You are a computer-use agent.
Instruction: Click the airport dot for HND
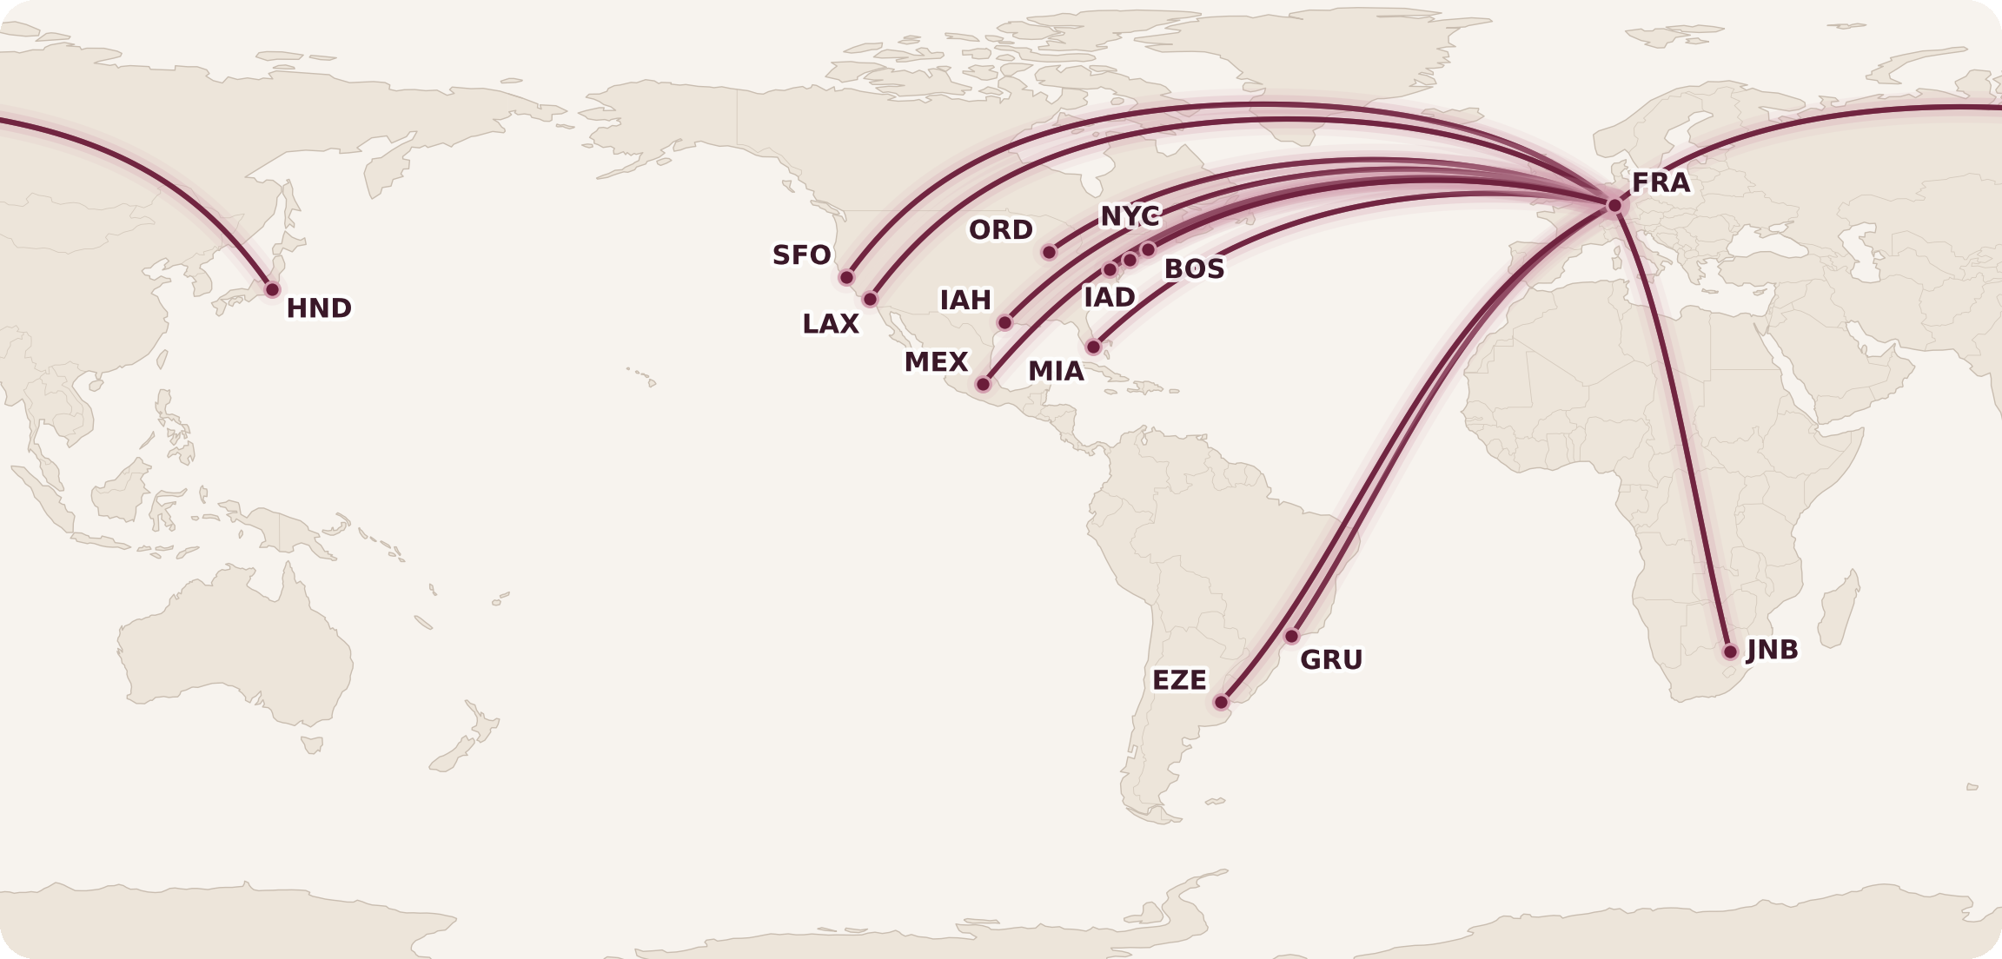click(x=272, y=289)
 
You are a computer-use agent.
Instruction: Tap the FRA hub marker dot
click(x=1614, y=205)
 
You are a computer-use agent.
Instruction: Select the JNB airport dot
click(x=1730, y=651)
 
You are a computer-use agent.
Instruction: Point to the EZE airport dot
click(x=1221, y=702)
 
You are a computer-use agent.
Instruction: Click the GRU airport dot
click(x=1291, y=636)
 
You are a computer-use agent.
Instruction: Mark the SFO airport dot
click(x=846, y=277)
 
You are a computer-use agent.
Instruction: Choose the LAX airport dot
click(x=870, y=299)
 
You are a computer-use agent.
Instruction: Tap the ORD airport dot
click(x=1049, y=252)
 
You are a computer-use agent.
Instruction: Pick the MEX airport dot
click(x=983, y=384)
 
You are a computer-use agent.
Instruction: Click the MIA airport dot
click(x=1093, y=347)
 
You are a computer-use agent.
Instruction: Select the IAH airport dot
click(x=1004, y=322)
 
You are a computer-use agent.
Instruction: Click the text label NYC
click(x=1130, y=216)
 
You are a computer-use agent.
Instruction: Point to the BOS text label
click(x=1194, y=269)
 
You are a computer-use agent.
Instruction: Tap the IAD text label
click(x=1110, y=298)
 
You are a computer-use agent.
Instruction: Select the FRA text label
click(x=1661, y=183)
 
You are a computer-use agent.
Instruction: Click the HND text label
click(x=319, y=308)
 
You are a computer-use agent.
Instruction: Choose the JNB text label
click(x=1772, y=650)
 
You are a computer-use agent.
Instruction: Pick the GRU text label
click(x=1331, y=660)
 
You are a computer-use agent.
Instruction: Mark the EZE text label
click(x=1179, y=680)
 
